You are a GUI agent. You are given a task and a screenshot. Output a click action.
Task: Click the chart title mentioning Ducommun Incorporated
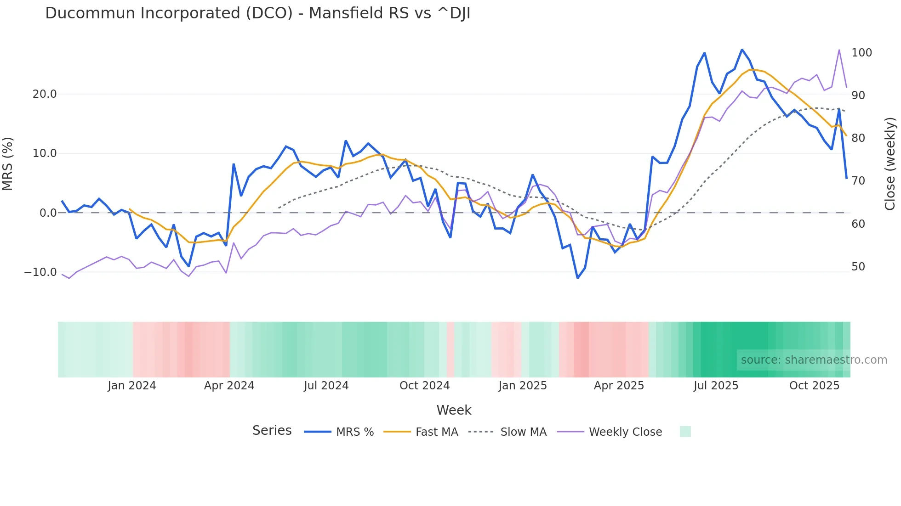[257, 13]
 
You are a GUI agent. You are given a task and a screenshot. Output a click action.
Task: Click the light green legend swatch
[685, 432]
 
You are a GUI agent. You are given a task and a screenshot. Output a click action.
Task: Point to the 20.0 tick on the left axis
[45, 94]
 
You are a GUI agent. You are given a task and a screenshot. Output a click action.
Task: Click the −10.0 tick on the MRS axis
[40, 272]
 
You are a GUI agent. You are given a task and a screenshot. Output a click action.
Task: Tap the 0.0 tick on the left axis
[48, 213]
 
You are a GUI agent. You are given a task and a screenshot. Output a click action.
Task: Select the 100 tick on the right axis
[861, 53]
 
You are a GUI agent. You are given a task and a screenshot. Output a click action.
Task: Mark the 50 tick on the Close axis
[858, 267]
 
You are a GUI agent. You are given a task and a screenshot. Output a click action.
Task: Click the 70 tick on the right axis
[858, 181]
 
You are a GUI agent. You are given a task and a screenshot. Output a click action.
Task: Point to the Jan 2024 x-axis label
[132, 386]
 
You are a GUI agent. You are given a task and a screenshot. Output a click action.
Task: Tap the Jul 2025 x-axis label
[716, 386]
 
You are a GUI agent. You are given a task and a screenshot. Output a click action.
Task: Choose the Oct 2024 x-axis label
[424, 386]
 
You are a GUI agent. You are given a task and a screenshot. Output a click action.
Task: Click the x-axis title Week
[454, 410]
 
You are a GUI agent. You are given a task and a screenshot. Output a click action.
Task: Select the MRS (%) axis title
[8, 163]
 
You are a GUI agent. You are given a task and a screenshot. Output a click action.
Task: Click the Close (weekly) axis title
[890, 163]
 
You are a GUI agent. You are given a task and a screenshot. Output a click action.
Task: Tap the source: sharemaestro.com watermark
[814, 360]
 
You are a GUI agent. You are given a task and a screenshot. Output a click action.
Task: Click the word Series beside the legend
[272, 431]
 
